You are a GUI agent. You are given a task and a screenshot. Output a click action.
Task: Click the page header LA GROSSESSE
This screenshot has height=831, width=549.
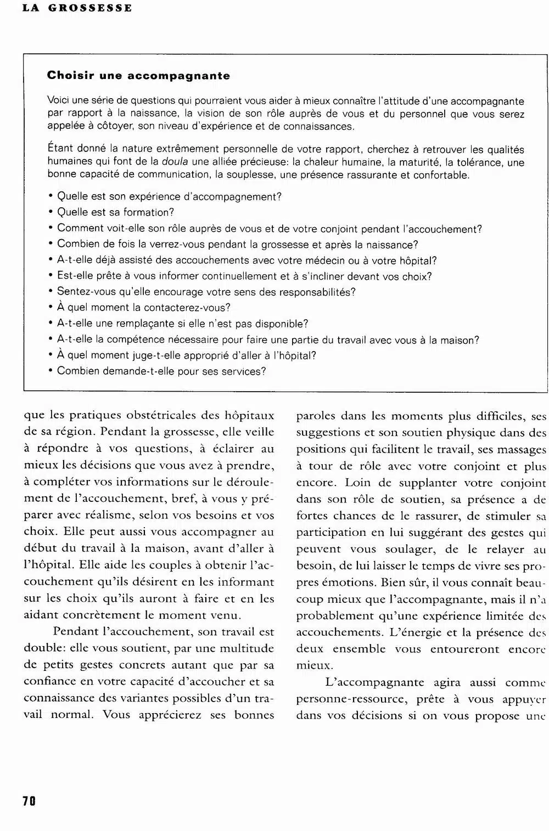point(77,8)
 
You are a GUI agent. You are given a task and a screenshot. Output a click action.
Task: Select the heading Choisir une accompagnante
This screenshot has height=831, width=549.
point(138,76)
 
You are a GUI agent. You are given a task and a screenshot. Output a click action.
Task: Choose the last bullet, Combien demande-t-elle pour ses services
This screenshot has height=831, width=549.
point(161,371)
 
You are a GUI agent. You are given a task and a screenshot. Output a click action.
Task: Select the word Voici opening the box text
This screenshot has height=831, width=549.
point(59,101)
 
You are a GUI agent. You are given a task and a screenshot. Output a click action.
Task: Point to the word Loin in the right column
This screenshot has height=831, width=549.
point(357,483)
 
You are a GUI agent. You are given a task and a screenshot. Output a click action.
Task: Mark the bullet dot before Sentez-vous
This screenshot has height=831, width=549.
point(51,292)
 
